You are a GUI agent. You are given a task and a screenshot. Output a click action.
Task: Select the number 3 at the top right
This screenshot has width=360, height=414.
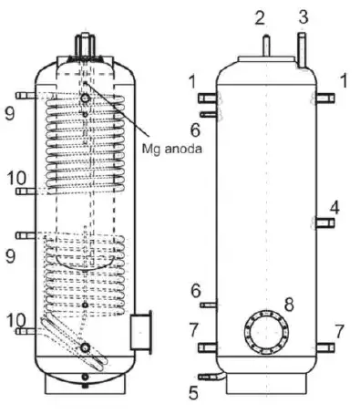tap(303, 16)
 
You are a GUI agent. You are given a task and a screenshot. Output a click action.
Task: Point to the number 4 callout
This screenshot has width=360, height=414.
tap(334, 208)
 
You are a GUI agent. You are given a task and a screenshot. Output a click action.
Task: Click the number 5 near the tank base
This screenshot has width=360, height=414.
tap(193, 394)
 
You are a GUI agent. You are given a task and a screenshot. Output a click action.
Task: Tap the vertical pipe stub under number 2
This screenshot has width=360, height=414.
tap(263, 44)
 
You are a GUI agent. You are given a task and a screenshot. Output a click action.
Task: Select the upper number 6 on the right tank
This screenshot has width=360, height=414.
tap(194, 128)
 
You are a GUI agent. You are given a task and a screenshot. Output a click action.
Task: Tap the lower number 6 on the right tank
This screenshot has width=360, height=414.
tap(193, 291)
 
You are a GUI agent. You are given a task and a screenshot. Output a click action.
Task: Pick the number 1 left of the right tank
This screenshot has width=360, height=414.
tap(191, 81)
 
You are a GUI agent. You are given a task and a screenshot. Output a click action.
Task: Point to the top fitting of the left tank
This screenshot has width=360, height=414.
tap(84, 43)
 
